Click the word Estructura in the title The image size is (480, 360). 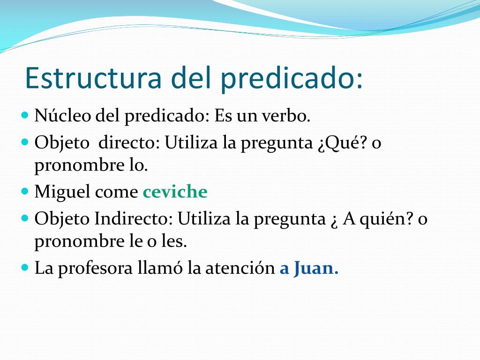[93, 77]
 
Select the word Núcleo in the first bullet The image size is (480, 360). [63, 116]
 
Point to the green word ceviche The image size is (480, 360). [175, 192]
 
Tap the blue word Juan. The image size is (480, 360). [316, 268]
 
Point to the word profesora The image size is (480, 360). [95, 269]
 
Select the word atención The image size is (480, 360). [240, 268]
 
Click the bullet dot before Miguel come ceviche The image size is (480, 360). [25, 192]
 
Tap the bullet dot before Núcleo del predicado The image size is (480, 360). [25, 115]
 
